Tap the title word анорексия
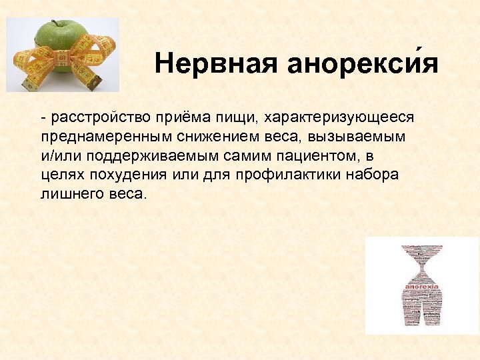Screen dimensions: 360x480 click(363, 64)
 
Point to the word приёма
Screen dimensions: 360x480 click(174, 117)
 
